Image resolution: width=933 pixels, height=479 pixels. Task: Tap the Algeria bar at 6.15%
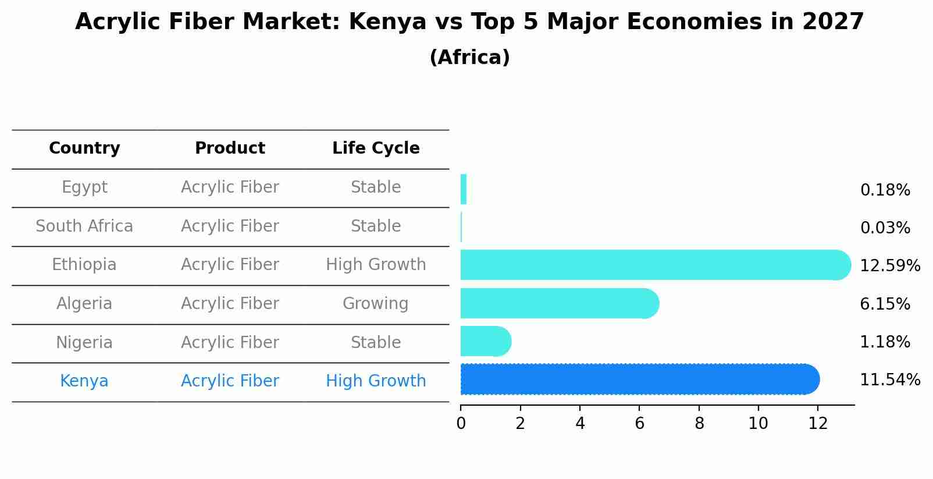(558, 303)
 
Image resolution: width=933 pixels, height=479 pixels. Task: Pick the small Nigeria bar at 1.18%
(485, 341)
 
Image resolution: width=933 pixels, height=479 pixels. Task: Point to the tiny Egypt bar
(464, 189)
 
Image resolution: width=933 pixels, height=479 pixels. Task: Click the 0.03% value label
(885, 228)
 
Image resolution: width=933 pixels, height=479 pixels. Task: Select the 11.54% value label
(889, 380)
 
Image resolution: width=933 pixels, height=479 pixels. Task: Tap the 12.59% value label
(889, 266)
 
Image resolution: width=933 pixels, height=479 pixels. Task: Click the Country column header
(84, 148)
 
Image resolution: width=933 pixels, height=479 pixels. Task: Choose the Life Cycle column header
(376, 148)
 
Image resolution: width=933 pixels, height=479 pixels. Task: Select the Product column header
(230, 148)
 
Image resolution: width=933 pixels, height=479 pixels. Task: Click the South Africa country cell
(84, 226)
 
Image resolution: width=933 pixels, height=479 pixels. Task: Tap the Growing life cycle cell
(375, 304)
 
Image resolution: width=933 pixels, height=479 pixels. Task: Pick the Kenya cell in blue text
(84, 381)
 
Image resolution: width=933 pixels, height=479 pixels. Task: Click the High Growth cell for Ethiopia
(376, 265)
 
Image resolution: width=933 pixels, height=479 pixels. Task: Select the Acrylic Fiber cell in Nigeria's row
(230, 342)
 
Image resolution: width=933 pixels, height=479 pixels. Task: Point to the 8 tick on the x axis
(699, 423)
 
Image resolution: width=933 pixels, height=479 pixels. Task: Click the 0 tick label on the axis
(461, 423)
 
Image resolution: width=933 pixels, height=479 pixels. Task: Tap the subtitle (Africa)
(469, 58)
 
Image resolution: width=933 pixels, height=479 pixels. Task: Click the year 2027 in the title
(832, 22)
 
